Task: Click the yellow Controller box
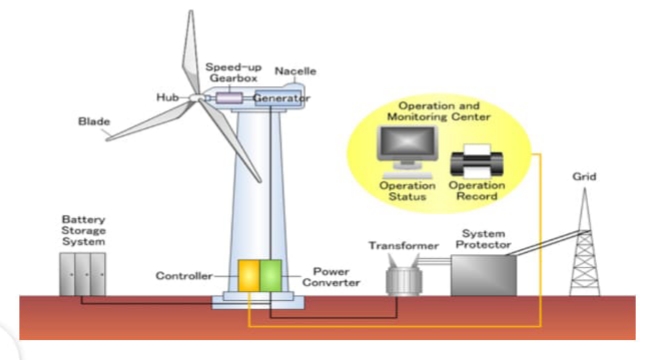click(x=249, y=276)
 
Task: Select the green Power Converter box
click(x=271, y=276)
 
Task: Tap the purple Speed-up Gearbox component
click(x=229, y=98)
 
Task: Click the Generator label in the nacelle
click(x=281, y=98)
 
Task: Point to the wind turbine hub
click(x=196, y=97)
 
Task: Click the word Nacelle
click(x=296, y=71)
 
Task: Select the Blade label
click(x=94, y=122)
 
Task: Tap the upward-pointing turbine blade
click(x=191, y=52)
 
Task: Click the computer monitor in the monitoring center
click(x=407, y=148)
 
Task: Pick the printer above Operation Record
click(x=477, y=162)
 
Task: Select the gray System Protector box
click(x=484, y=275)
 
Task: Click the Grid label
click(x=585, y=177)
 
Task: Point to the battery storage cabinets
click(x=82, y=274)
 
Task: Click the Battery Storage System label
click(x=83, y=231)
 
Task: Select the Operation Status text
click(x=407, y=191)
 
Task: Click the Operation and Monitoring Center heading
click(x=439, y=112)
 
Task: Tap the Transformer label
click(x=404, y=246)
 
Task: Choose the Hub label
click(x=167, y=97)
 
